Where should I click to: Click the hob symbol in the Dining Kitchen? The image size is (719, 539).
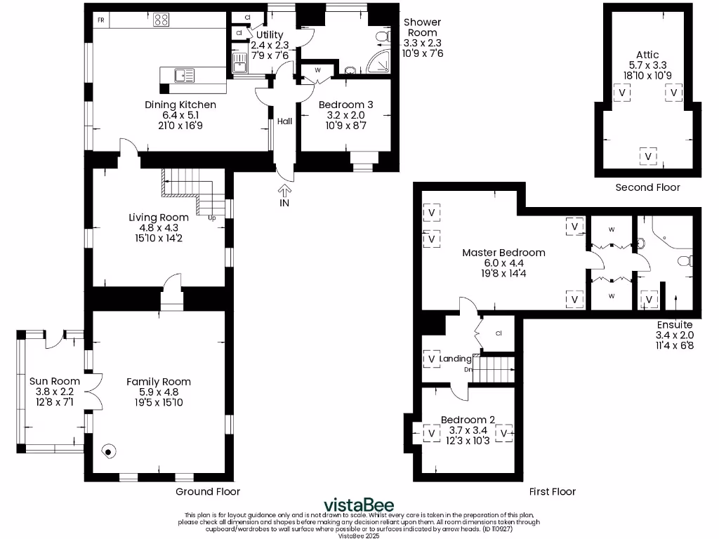161,20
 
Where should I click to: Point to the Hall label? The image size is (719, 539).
284,121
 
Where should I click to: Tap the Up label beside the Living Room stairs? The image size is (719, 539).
211,218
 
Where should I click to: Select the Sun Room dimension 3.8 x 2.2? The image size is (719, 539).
51,392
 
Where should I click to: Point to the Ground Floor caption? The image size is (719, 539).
208,492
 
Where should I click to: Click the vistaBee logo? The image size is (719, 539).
359,505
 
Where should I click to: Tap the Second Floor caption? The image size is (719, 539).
647,187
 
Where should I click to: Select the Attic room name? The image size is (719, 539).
647,55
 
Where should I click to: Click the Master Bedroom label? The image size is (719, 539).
503,253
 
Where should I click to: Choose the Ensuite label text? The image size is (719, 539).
675,325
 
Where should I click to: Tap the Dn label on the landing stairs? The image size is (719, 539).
467,369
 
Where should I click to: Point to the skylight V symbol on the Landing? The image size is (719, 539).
431,359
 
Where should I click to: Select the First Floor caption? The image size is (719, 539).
553,492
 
